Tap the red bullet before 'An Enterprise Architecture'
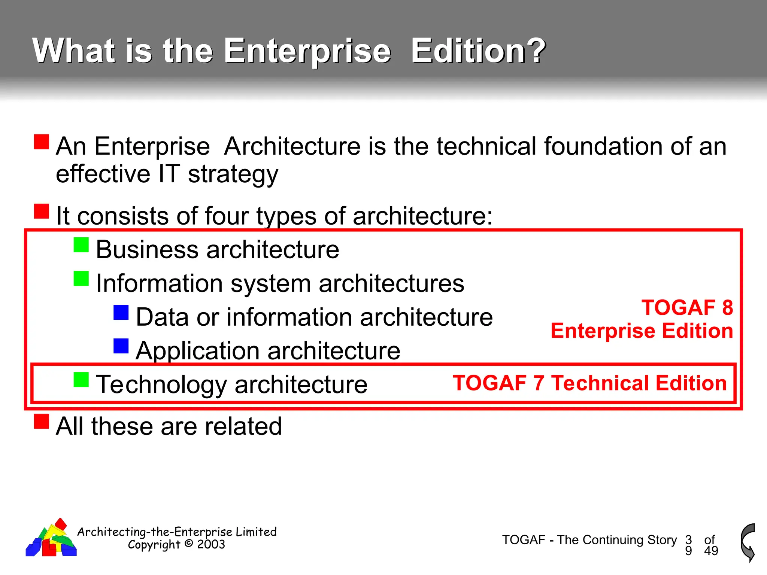pyautogui.click(x=42, y=142)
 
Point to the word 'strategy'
pyautogui.click(x=233, y=175)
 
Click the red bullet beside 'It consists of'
pyautogui.click(x=42, y=211)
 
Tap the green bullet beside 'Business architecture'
pyautogui.click(x=81, y=245)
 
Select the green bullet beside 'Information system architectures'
pyautogui.click(x=81, y=279)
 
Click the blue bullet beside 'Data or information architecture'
pyautogui.click(x=121, y=313)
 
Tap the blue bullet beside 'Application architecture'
pyautogui.click(x=121, y=346)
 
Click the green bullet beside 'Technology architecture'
pyautogui.click(x=81, y=380)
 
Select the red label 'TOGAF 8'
pyautogui.click(x=687, y=308)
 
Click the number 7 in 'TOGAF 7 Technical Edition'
pyautogui.click(x=539, y=383)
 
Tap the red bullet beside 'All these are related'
pyautogui.click(x=42, y=421)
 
